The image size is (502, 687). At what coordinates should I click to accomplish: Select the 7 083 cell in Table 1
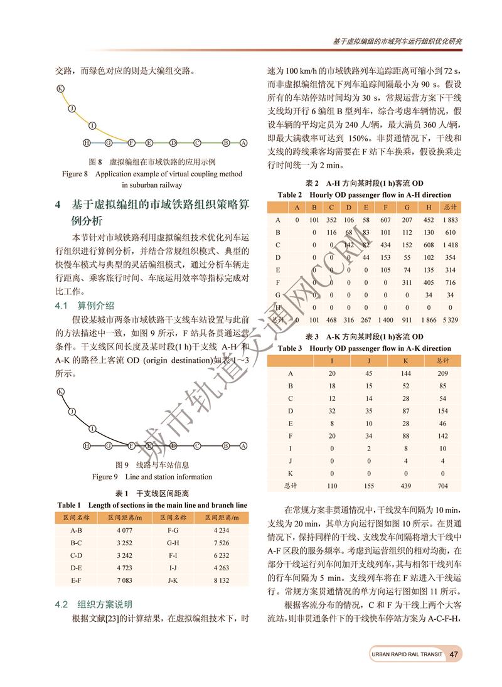[124, 580]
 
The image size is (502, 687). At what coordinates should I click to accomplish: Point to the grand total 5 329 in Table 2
[449, 319]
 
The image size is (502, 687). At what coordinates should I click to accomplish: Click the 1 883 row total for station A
[449, 220]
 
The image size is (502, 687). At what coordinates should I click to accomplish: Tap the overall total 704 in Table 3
[443, 486]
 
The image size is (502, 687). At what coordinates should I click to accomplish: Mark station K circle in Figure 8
[60, 88]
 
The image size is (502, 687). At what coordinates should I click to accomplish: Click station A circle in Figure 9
[242, 446]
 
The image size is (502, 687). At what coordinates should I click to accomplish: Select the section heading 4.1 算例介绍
[85, 306]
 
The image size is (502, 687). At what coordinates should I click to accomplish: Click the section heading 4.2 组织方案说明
[93, 605]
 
